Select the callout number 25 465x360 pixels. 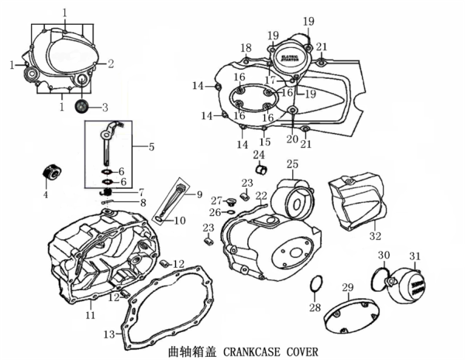point(292,164)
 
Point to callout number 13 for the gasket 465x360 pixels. point(108,334)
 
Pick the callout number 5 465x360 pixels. point(151,146)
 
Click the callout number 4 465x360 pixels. point(45,194)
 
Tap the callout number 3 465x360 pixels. point(105,107)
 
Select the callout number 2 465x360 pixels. point(111,63)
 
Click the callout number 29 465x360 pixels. point(348,288)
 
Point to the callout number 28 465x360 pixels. point(315,307)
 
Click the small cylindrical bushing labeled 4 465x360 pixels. point(52,170)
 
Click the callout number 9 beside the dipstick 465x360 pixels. point(198,194)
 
